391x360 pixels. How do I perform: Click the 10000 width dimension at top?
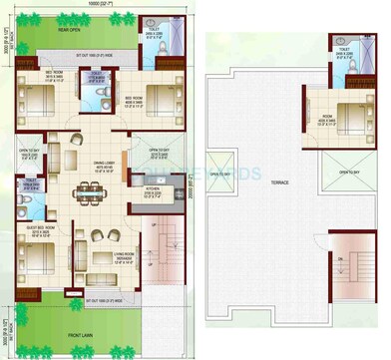coord(97,5)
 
